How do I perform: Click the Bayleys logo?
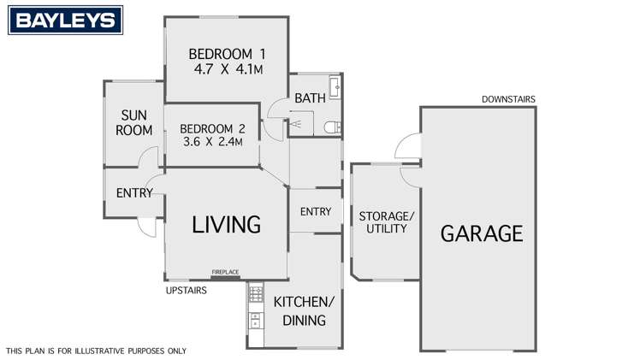coord(62,20)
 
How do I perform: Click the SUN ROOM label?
coord(136,122)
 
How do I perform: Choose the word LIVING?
coord(226,225)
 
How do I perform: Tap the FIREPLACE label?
coord(226,273)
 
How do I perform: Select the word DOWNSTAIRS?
coord(508,99)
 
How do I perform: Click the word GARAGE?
coord(482,233)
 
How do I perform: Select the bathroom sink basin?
coord(336,88)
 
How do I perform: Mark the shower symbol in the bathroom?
coord(295,124)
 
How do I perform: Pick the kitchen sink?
coord(254,322)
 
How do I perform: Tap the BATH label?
coord(310,98)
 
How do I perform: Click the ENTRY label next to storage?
coord(315,211)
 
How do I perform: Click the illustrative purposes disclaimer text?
coord(96,351)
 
